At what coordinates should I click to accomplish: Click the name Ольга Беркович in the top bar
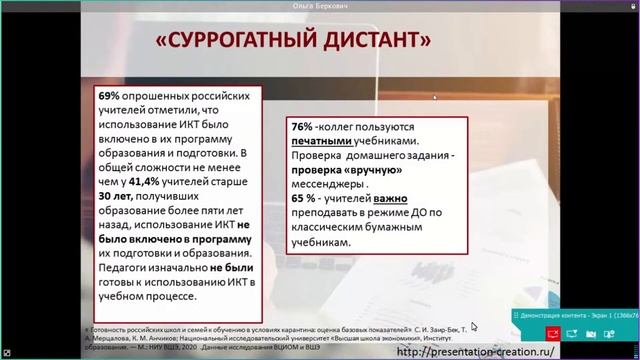319,5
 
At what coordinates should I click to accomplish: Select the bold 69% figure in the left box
107,94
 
